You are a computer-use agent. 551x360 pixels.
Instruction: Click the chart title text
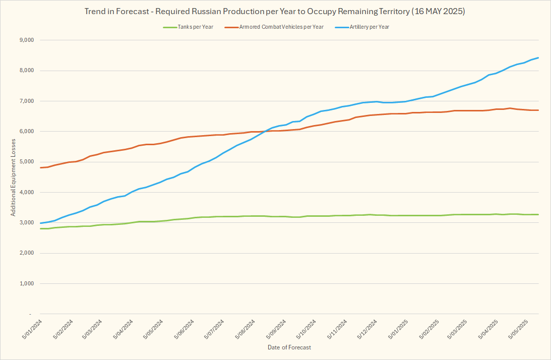(x=275, y=11)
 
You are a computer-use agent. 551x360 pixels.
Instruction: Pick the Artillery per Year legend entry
(x=369, y=27)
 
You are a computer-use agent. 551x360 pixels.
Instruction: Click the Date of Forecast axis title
(x=289, y=347)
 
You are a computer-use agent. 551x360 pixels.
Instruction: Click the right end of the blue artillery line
(x=538, y=57)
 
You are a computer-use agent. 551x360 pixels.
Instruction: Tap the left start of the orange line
(x=40, y=167)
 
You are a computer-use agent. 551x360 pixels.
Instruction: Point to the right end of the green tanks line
(x=538, y=214)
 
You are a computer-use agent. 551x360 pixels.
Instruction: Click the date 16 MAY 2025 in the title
(x=437, y=11)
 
